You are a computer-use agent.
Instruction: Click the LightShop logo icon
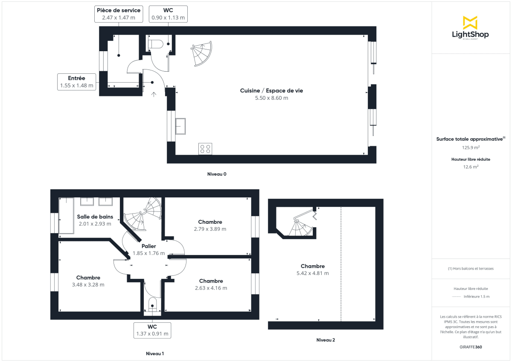click(470, 23)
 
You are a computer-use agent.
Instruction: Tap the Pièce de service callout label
click(118, 14)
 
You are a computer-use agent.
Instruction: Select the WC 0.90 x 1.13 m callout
click(168, 14)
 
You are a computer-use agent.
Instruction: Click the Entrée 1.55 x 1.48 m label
click(77, 82)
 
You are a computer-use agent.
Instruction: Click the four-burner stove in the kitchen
click(205, 149)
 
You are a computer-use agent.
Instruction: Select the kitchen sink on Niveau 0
click(180, 126)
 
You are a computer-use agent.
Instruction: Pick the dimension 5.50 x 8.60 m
click(271, 98)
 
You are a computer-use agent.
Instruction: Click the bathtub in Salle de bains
click(66, 215)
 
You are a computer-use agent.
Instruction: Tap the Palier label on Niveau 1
click(149, 246)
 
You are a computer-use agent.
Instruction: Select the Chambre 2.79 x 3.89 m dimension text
click(210, 229)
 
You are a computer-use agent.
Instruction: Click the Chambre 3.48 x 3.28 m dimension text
click(88, 285)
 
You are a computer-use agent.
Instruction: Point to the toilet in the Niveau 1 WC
click(152, 305)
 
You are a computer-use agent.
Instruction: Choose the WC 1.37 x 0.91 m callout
click(152, 330)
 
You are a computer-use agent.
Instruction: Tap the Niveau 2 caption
click(326, 340)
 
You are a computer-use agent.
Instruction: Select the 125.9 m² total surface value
click(471, 148)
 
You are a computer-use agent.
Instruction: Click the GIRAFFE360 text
click(471, 347)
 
